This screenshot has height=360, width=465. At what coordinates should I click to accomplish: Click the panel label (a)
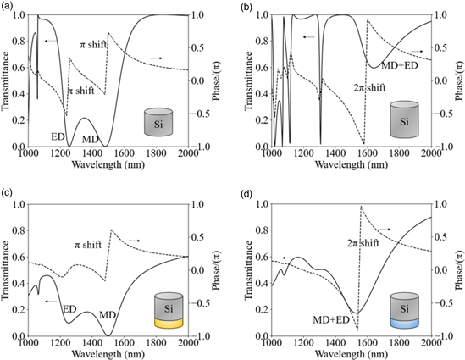click(8, 7)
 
